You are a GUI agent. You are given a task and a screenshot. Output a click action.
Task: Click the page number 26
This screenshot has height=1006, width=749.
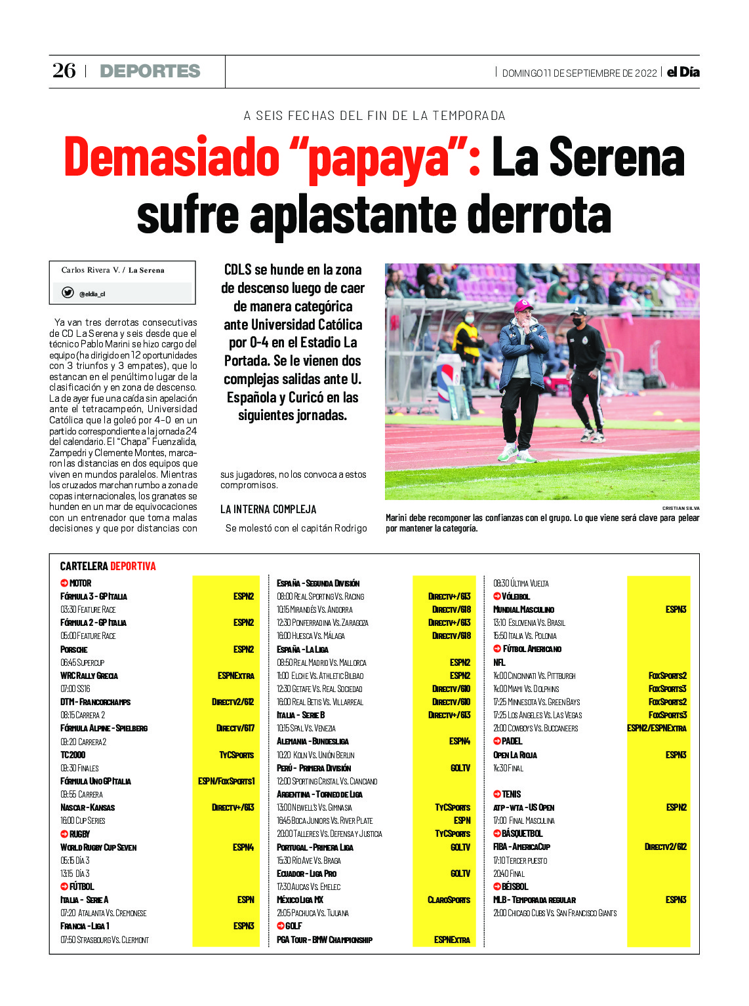click(x=64, y=70)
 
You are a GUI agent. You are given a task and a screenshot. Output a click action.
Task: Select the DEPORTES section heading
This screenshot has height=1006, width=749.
click(x=150, y=71)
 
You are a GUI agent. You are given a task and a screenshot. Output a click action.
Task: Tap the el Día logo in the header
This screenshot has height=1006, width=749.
click(x=683, y=72)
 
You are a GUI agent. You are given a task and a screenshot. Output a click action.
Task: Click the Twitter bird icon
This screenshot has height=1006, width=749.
click(x=68, y=293)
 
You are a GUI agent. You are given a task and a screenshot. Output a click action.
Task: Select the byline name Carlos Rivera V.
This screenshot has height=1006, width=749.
click(x=91, y=270)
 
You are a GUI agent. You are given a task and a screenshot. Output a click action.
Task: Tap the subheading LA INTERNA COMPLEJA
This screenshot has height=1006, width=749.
click(x=268, y=509)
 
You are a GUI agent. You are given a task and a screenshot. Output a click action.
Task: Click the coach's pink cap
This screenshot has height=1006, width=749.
click(x=523, y=305)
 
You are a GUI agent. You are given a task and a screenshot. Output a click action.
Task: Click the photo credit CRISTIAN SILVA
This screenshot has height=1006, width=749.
click(x=680, y=508)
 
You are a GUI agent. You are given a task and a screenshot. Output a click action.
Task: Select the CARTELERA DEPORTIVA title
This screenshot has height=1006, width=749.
click(x=108, y=566)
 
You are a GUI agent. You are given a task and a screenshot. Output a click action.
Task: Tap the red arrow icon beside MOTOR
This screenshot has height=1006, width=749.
click(x=64, y=583)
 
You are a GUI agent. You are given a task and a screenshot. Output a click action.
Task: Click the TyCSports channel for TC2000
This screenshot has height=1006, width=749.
click(x=236, y=755)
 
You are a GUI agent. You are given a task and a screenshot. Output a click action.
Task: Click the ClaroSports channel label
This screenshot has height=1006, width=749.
click(x=449, y=900)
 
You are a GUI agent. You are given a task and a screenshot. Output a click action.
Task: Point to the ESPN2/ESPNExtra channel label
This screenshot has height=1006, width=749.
click(x=657, y=728)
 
